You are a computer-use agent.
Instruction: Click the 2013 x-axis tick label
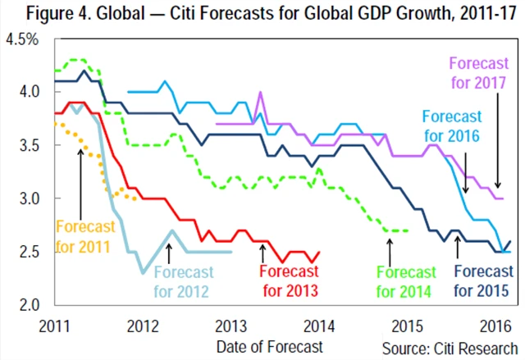(231, 323)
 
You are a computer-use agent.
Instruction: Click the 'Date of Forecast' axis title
(270, 345)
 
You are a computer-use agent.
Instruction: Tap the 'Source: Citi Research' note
(450, 345)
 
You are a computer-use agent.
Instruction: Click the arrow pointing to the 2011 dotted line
(81, 176)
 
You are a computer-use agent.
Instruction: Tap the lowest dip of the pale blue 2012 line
(143, 271)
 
